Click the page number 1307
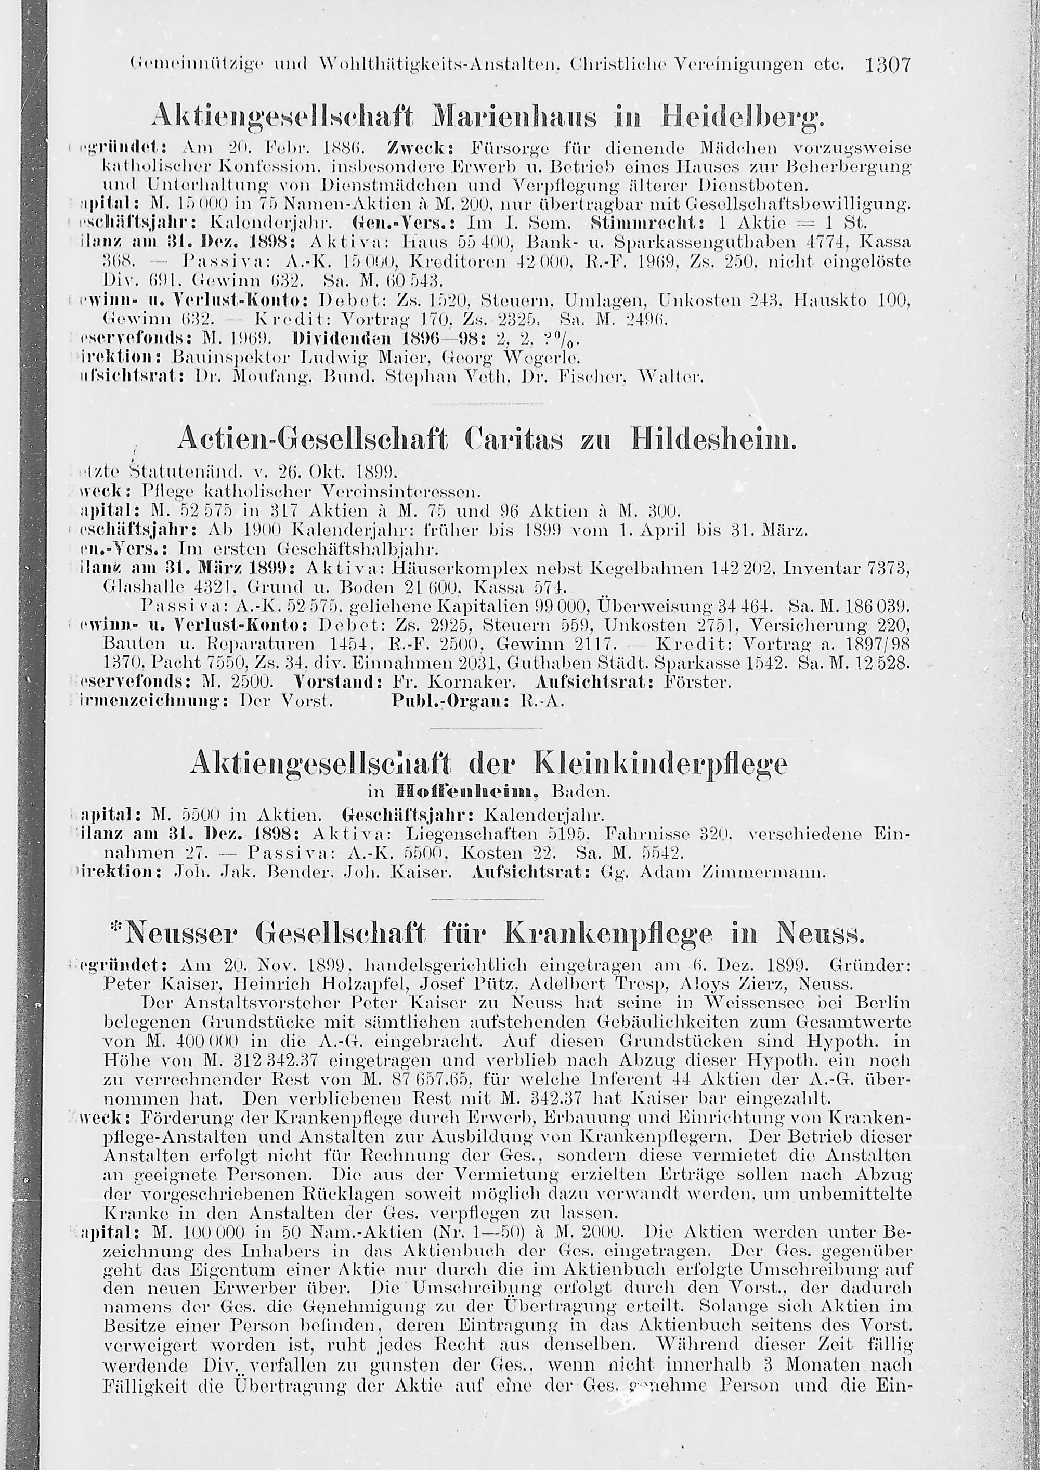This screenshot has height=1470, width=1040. [887, 65]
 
